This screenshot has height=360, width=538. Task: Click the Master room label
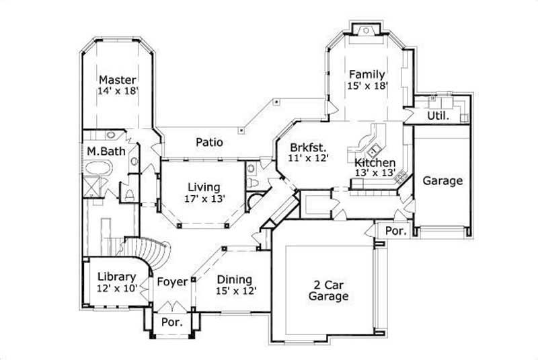pos(118,79)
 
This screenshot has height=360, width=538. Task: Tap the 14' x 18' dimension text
pos(118,92)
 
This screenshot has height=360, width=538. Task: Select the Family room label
pos(367,74)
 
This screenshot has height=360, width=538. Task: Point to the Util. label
pos(438,116)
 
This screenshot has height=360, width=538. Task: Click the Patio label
pos(209,142)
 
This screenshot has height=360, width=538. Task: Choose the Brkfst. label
pos(308,147)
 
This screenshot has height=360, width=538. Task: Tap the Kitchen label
pos(375,162)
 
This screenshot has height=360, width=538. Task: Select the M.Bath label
pos(106,151)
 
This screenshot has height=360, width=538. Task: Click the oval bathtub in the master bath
pos(105,168)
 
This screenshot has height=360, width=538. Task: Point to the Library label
pos(116,277)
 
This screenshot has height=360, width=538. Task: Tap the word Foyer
pos(172,282)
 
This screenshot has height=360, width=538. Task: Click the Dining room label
pos(234,279)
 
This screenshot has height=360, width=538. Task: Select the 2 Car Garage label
pos(328,289)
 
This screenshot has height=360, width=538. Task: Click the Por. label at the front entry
pos(172,322)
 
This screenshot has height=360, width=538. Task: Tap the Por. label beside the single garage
pos(395,231)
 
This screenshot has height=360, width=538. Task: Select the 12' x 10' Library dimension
pos(116,288)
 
